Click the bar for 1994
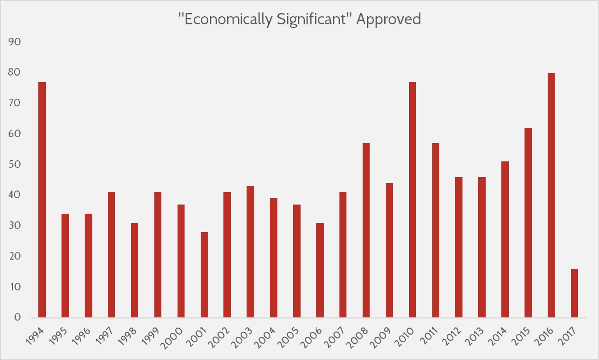(42, 200)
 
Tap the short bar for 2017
(574, 293)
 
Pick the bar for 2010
(412, 200)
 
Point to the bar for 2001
(204, 275)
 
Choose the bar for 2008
(366, 230)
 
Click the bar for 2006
(319, 270)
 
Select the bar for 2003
(250, 252)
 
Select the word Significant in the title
(312, 19)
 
